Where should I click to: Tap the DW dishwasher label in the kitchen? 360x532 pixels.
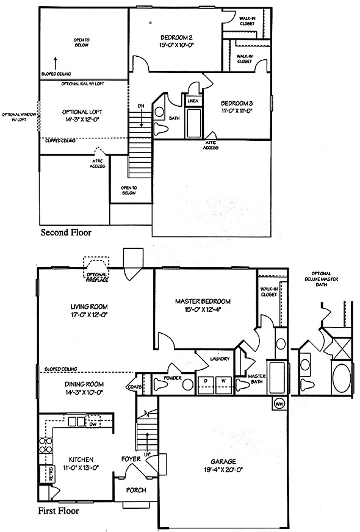(x=93, y=424)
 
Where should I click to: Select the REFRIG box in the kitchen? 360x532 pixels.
(x=46, y=473)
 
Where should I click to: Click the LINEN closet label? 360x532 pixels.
(x=193, y=101)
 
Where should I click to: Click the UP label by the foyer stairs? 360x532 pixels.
(x=148, y=455)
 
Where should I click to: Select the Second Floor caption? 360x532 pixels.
(x=66, y=232)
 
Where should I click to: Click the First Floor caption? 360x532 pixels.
(x=58, y=511)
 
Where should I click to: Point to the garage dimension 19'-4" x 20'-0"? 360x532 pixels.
(x=223, y=470)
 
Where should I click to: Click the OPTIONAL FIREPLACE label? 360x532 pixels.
(x=97, y=277)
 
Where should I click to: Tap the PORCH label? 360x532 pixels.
(x=136, y=491)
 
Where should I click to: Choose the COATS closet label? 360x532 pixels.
(x=134, y=387)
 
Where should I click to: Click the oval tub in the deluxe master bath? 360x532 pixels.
(x=341, y=378)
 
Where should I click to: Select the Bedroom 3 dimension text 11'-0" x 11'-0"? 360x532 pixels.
(x=237, y=110)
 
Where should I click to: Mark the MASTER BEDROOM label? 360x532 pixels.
(x=203, y=301)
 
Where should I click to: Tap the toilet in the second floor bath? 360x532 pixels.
(x=162, y=129)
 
